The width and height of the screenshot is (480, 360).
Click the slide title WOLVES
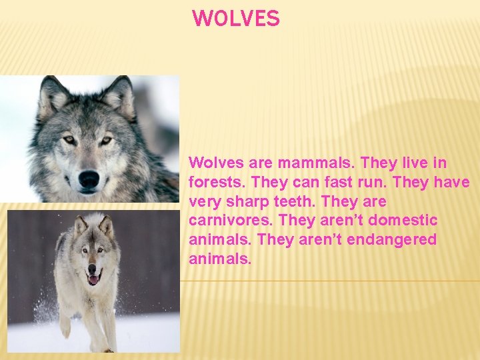click(x=236, y=19)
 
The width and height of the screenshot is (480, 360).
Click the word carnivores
click(x=231, y=220)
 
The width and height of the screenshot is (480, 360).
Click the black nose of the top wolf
click(x=89, y=178)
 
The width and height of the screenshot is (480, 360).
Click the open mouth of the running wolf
click(x=92, y=279)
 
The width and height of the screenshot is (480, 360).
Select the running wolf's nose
click(x=91, y=269)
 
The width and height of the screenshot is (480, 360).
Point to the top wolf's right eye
click(x=106, y=140)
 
